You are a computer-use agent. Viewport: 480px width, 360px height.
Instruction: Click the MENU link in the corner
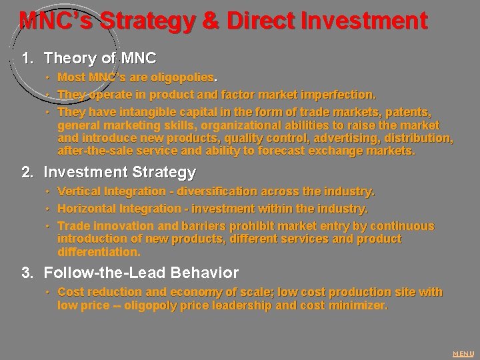[463, 353]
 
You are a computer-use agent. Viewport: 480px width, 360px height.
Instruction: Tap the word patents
[409, 111]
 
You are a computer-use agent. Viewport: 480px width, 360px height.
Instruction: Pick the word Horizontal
[88, 209]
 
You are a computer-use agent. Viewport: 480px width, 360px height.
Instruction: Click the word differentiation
[99, 252]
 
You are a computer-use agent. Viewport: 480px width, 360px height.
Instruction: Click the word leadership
[241, 305]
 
